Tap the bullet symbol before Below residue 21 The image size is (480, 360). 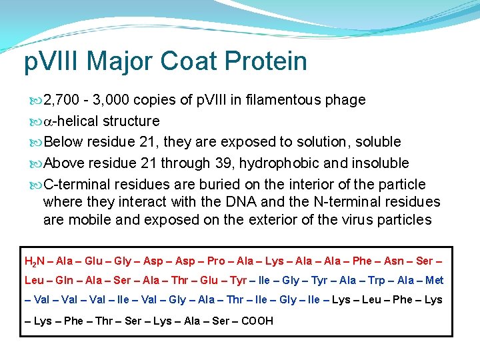click(x=36, y=142)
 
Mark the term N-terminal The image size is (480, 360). click(x=349, y=201)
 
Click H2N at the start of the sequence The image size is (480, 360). click(x=33, y=261)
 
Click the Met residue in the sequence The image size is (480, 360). click(x=434, y=281)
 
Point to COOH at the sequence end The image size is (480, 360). click(x=257, y=321)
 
